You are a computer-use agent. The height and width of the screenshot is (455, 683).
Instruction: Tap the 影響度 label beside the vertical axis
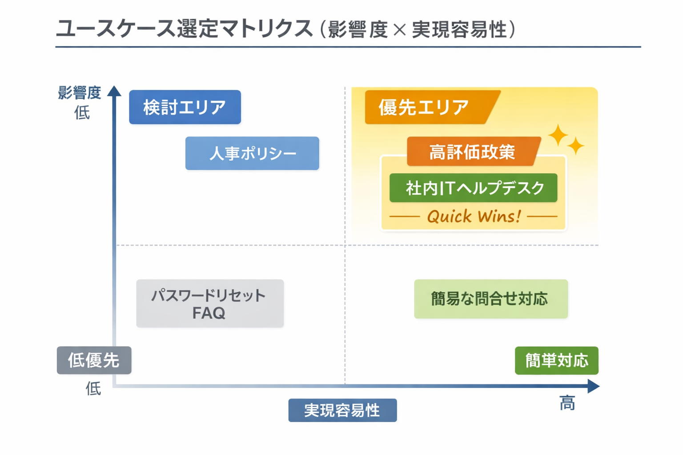tap(80, 93)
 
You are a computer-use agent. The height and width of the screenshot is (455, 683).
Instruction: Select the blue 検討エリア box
tap(185, 108)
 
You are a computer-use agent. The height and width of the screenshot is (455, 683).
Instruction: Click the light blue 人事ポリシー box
tap(252, 154)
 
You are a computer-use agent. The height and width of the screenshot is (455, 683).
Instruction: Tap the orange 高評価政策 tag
tap(472, 152)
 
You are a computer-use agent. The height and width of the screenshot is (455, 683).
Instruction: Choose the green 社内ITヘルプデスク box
tap(474, 188)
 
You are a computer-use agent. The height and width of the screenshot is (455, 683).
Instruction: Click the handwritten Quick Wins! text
tap(474, 217)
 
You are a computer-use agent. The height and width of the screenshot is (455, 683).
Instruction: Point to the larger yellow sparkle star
tap(558, 135)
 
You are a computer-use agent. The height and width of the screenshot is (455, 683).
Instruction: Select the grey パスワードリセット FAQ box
tap(210, 303)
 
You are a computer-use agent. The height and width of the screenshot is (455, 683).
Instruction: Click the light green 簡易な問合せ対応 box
tap(491, 299)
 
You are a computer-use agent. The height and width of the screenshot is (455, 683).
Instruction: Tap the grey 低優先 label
tap(94, 360)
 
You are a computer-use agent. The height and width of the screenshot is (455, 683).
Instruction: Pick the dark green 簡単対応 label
tap(556, 360)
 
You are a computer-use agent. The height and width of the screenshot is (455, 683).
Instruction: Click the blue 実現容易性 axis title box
tap(342, 410)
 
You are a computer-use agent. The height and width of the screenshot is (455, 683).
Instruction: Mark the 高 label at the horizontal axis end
tap(567, 403)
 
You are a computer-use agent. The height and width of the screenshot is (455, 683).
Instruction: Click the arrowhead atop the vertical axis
tap(114, 91)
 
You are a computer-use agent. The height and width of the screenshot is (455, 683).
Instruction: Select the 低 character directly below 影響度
tap(82, 113)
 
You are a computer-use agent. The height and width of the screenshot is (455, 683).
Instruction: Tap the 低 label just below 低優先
tap(93, 389)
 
